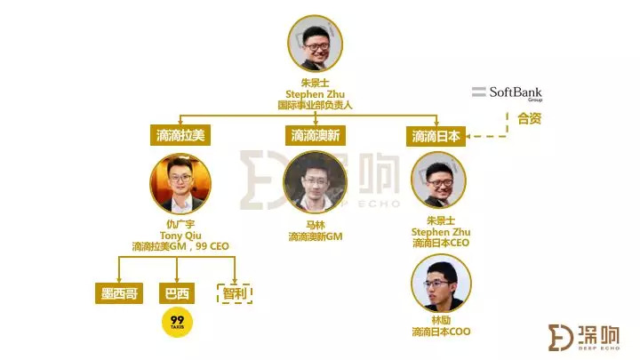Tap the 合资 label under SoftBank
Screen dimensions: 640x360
coord(530,118)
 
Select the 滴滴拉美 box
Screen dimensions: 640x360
coord(180,136)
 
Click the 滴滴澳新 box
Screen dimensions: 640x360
coord(316,136)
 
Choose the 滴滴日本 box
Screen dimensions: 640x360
coord(436,137)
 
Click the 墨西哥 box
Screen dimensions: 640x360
coord(118,294)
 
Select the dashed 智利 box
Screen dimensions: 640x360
coord(235,293)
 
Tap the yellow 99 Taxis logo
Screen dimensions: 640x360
coord(176,325)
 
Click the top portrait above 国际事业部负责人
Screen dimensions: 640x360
coord(318,44)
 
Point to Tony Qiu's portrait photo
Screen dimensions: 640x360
coord(180,185)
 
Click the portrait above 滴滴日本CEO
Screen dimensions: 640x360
coord(437,180)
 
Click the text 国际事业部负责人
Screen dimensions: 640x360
coord(317,105)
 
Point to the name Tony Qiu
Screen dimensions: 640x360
coord(180,236)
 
